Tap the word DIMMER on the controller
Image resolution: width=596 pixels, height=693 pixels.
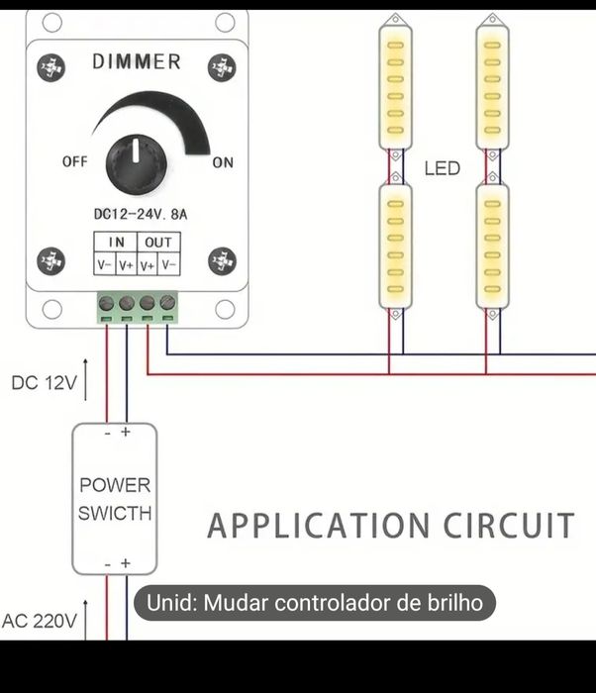pyautogui.click(x=137, y=62)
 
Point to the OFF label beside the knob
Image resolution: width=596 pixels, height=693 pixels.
pyautogui.click(x=74, y=161)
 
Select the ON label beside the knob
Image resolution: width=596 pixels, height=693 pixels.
pyautogui.click(x=223, y=162)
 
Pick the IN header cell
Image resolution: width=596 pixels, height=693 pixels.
pyautogui.click(x=116, y=242)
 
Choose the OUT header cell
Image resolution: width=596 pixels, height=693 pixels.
pyautogui.click(x=156, y=242)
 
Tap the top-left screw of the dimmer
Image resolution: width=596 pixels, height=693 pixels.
pyautogui.click(x=50, y=67)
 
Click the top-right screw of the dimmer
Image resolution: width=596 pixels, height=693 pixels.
pyautogui.click(x=222, y=67)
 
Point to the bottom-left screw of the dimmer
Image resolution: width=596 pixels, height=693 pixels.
pyautogui.click(x=50, y=261)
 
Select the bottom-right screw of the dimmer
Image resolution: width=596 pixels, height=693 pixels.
pyautogui.click(x=222, y=261)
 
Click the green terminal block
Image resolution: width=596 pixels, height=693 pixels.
pyautogui.click(x=137, y=306)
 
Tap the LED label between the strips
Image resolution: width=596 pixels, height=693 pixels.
pyautogui.click(x=443, y=168)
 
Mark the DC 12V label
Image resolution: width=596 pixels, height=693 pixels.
pyautogui.click(x=44, y=382)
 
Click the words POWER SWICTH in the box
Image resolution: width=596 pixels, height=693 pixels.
pyautogui.click(x=115, y=499)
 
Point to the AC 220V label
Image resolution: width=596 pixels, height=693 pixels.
pyautogui.click(x=40, y=622)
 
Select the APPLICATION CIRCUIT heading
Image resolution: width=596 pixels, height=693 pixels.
pyautogui.click(x=390, y=525)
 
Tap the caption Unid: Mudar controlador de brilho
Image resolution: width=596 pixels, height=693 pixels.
pyautogui.click(x=314, y=602)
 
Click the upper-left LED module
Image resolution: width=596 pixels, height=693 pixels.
pyautogui.click(x=396, y=87)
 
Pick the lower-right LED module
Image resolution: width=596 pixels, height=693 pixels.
pyautogui.click(x=491, y=246)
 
